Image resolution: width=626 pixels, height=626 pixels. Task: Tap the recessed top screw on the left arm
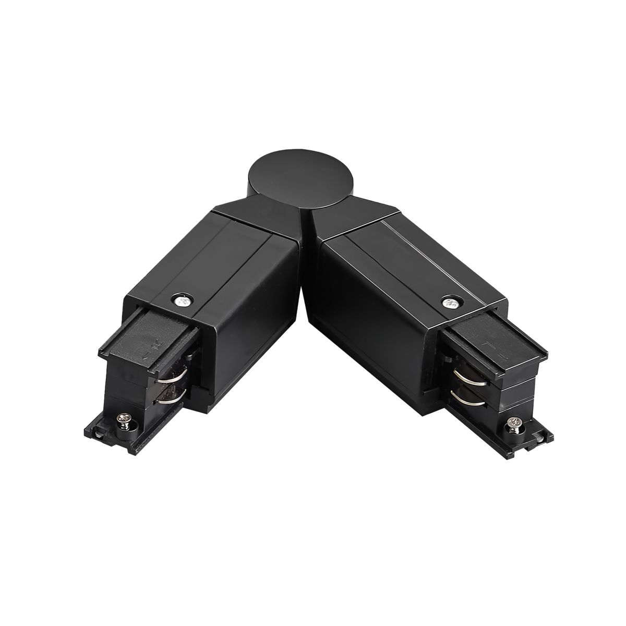179,301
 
